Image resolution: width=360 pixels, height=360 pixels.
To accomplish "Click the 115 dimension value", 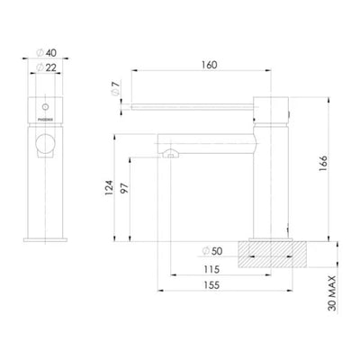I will point(211,270).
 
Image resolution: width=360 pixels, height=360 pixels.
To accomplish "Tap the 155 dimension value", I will point(211,286).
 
